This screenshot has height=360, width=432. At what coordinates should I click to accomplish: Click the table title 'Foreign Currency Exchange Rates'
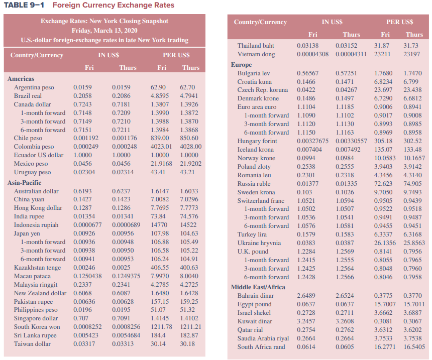tap(113, 6)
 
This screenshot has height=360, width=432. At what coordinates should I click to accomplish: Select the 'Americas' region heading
tap(21, 79)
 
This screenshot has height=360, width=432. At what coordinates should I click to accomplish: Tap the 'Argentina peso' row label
tap(34, 87)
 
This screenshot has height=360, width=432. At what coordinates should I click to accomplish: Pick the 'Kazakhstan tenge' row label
tap(37, 268)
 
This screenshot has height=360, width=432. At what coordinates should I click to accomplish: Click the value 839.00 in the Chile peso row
tap(160, 138)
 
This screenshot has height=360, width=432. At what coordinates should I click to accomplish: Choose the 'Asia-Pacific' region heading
tap(24, 183)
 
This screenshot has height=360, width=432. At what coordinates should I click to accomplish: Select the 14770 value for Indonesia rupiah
tap(159, 225)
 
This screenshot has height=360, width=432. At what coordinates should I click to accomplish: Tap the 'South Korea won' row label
tap(37, 327)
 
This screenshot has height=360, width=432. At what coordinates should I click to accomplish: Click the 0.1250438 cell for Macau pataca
tap(87, 276)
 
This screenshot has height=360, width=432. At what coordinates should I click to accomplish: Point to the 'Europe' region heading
tap(241, 65)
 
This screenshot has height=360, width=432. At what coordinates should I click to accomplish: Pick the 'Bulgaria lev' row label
tap(254, 73)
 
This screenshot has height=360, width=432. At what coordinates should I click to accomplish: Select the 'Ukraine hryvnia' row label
tap(259, 243)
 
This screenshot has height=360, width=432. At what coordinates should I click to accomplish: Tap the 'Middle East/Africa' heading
tap(258, 287)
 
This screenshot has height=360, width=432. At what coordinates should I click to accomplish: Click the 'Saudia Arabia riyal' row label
tap(263, 338)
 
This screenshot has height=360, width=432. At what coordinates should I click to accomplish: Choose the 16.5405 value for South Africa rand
tap(414, 347)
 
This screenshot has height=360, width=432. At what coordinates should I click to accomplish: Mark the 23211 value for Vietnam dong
tap(382, 54)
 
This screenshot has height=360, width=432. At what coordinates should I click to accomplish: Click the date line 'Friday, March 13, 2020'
tap(104, 31)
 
